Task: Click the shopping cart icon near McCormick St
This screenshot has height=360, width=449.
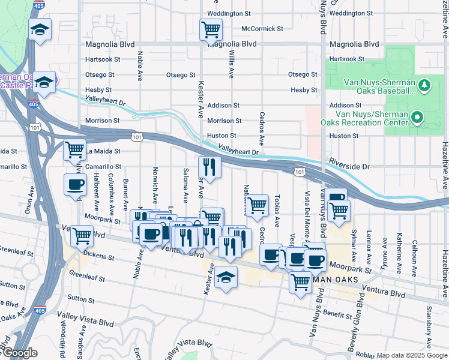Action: [x=211, y=29]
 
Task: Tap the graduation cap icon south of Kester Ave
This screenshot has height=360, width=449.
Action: [x=226, y=278]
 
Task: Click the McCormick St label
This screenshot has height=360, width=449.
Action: [x=262, y=28]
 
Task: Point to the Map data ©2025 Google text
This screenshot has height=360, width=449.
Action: [x=411, y=355]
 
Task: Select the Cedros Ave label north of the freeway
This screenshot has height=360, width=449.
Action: [x=261, y=128]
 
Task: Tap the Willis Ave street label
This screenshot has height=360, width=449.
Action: [x=231, y=62]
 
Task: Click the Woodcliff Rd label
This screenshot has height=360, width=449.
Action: [x=62, y=339]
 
